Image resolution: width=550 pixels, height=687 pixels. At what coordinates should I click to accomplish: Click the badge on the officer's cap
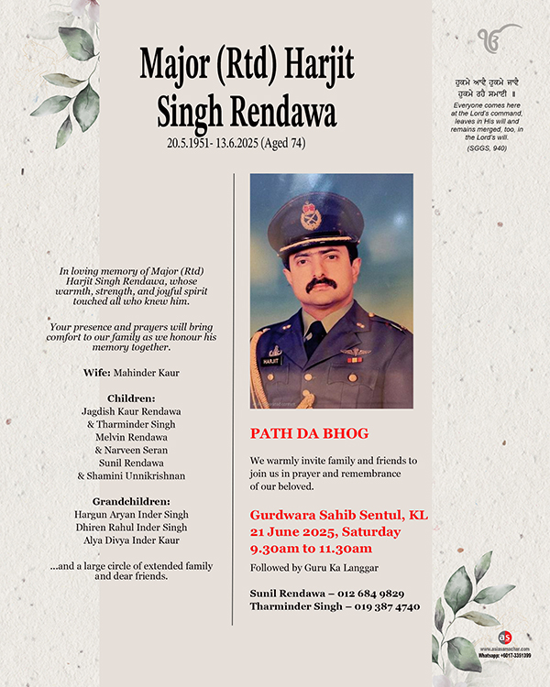click(311, 216)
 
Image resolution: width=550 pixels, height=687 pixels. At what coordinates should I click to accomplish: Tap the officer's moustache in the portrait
click(321, 285)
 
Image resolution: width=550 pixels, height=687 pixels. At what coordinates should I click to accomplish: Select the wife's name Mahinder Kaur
click(148, 373)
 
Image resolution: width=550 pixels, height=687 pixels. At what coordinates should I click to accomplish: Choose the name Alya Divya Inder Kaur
click(131, 540)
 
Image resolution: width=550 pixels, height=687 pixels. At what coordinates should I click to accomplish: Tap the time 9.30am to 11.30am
click(311, 549)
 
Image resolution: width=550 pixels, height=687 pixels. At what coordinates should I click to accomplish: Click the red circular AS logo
click(505, 638)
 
